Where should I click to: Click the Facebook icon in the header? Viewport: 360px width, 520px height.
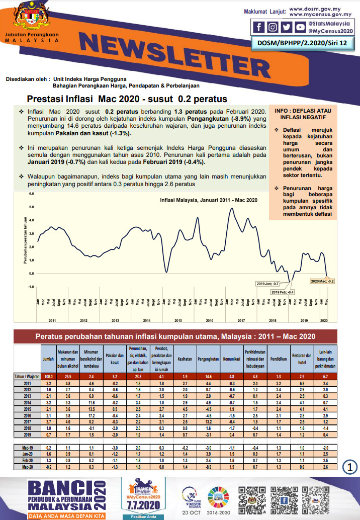(x=259, y=27)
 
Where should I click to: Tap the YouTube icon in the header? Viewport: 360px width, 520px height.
(x=299, y=27)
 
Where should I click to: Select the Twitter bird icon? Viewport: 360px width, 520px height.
(x=286, y=27)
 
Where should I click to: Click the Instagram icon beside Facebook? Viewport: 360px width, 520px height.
(x=273, y=27)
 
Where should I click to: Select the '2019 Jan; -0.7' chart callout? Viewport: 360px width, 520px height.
(x=268, y=284)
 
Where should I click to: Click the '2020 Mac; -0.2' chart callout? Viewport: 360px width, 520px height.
(x=323, y=281)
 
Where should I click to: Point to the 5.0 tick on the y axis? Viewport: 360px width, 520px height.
(x=31, y=207)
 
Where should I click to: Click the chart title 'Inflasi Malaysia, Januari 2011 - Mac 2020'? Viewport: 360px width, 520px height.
(x=209, y=200)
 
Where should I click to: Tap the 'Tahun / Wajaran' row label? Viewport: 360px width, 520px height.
(x=27, y=376)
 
